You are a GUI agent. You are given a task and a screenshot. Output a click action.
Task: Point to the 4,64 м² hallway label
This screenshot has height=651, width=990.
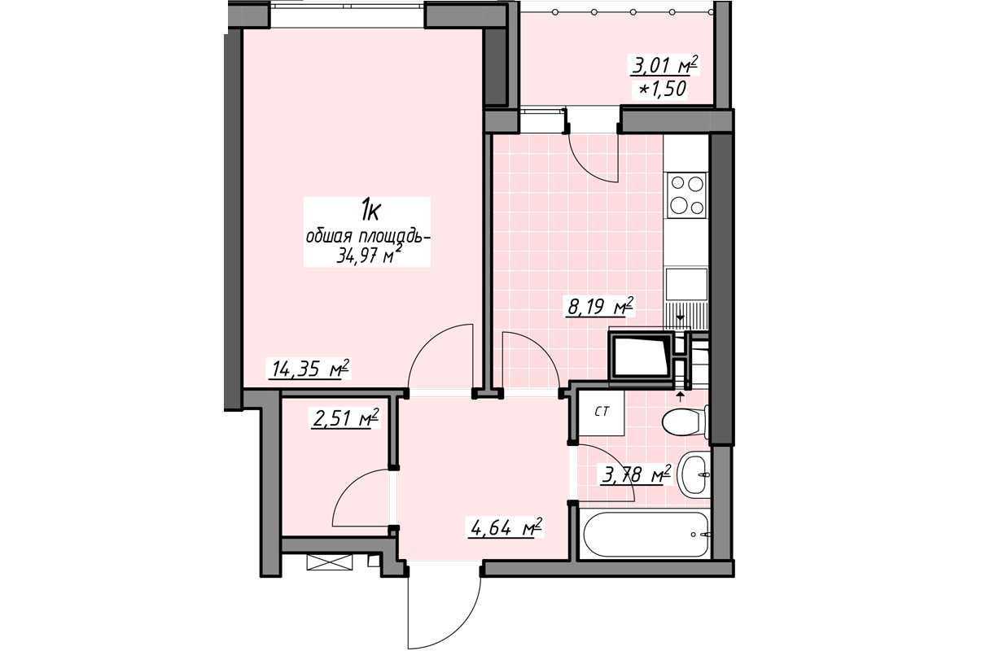[x=505, y=527]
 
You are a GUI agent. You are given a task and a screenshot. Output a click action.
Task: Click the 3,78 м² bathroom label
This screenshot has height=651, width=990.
[x=636, y=474]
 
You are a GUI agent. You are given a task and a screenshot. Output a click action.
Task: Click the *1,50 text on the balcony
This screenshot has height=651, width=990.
[x=662, y=90]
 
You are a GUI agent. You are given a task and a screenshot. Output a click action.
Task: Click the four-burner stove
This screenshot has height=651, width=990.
[x=687, y=194]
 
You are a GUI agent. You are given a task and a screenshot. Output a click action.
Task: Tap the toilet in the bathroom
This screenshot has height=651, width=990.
[x=686, y=422]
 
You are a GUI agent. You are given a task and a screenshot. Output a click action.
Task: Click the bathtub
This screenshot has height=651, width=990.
[x=647, y=535]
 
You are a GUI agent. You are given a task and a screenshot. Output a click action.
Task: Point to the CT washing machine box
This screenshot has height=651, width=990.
[x=602, y=412]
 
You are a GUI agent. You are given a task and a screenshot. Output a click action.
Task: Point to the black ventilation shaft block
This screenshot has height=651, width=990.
[x=641, y=357]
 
